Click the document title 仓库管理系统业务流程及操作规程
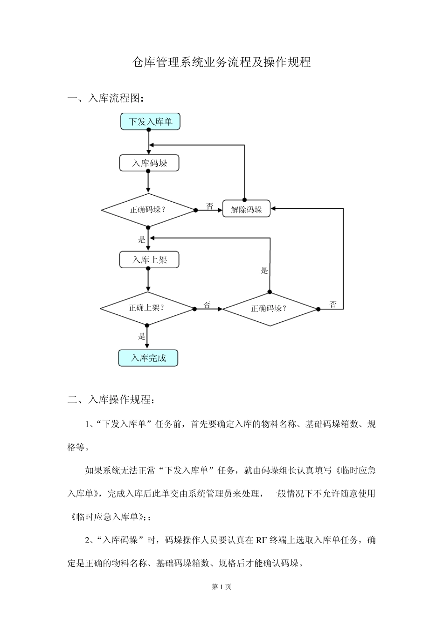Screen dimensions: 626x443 221,62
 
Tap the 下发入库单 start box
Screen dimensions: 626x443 150,122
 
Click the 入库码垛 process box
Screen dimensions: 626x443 149,163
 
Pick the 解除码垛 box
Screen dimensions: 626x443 246,209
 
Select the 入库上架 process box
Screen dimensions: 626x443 149,259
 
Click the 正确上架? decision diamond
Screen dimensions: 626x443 147,308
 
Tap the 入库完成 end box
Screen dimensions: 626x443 148,358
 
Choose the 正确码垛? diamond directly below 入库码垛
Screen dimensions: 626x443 148,210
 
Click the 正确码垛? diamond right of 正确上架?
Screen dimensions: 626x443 270,308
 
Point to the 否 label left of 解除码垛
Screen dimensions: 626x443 210,206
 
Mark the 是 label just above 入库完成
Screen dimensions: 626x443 142,336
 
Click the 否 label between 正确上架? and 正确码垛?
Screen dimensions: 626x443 207,305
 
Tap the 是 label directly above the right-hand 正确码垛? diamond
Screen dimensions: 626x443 264,270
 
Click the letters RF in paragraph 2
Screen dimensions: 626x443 262,540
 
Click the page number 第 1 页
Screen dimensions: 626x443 221,587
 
